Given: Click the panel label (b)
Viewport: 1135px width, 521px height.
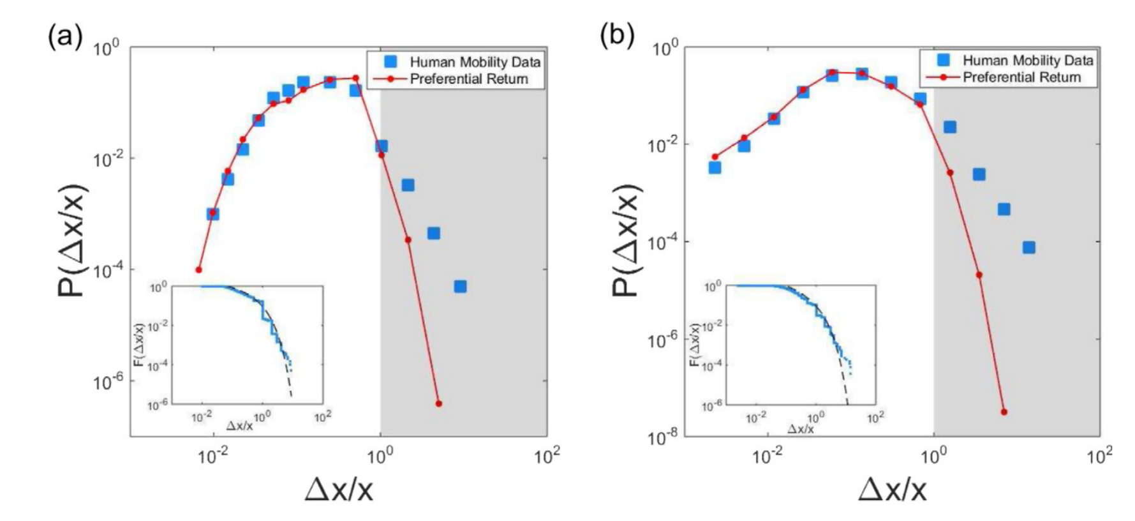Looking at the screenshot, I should pyautogui.click(x=617, y=36).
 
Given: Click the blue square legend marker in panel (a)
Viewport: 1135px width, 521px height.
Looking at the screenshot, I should pyautogui.click(x=390, y=61).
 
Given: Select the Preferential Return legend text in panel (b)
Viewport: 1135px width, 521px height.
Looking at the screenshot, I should pyautogui.click(x=1021, y=77).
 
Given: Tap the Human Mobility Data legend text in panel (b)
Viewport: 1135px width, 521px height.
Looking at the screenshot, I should pyautogui.click(x=1028, y=61).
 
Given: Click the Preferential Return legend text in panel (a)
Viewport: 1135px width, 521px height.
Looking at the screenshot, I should pyautogui.click(x=469, y=79).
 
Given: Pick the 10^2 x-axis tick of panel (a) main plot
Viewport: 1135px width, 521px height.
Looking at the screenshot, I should pyautogui.click(x=547, y=457).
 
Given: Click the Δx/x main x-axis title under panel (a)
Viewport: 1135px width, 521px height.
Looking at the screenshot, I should pyautogui.click(x=339, y=490).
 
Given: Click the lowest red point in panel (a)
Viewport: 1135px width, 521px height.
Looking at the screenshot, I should pyautogui.click(x=438, y=404).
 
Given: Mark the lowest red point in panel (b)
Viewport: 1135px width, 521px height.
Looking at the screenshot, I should pyautogui.click(x=1004, y=412).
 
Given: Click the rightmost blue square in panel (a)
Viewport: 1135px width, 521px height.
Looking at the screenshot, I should pyautogui.click(x=460, y=287).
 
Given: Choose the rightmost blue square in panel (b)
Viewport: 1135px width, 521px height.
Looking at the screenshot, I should pyautogui.click(x=1028, y=247).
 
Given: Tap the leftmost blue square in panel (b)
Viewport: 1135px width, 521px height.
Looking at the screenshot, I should pyautogui.click(x=715, y=167).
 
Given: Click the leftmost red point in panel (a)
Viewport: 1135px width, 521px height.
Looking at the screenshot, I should pyautogui.click(x=198, y=269).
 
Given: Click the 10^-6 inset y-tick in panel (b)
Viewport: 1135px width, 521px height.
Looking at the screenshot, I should pyautogui.click(x=713, y=406).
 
